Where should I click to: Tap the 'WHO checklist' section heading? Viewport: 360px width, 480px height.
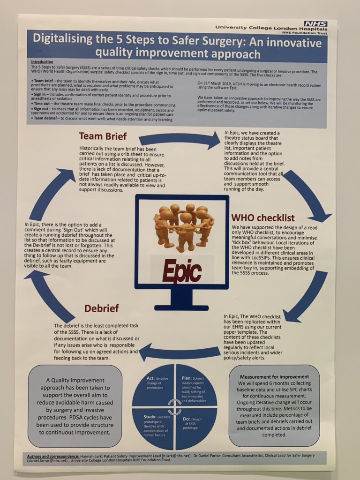pyautogui.click(x=262, y=218)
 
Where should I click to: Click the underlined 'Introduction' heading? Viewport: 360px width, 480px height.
pyautogui.click(x=42, y=62)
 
